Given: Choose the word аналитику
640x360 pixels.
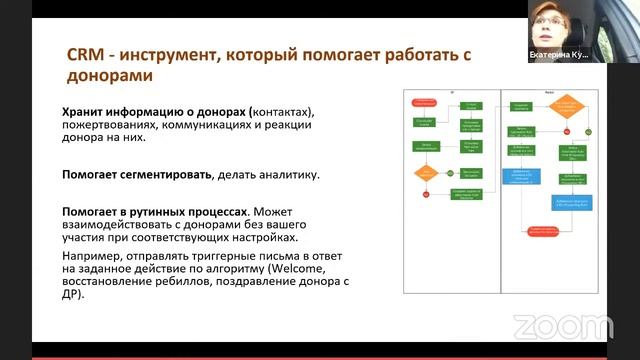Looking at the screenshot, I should point(284,175).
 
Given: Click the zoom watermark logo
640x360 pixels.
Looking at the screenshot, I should point(548,326).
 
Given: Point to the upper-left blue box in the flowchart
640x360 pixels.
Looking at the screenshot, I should point(527,175).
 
